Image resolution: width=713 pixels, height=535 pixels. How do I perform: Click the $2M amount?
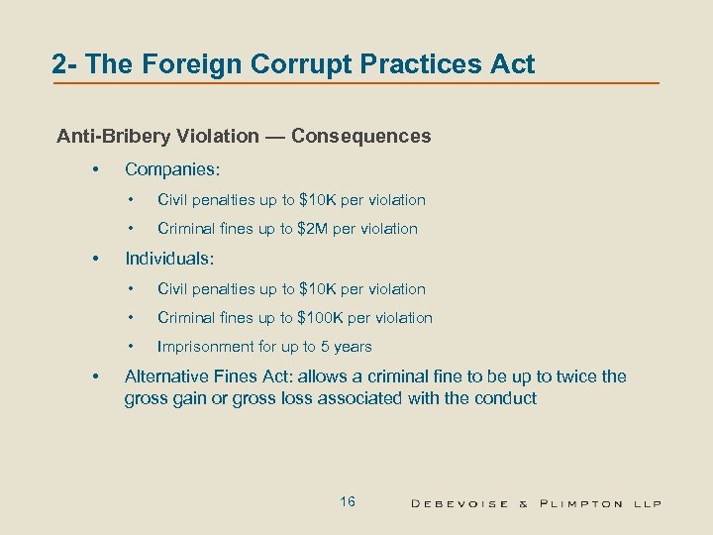pyautogui.click(x=318, y=229)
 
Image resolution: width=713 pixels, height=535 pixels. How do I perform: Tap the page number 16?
pyautogui.click(x=347, y=502)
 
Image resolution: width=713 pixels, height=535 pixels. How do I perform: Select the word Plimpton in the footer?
pyautogui.click(x=581, y=503)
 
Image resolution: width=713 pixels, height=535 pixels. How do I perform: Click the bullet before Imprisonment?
pyautogui.click(x=131, y=347)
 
